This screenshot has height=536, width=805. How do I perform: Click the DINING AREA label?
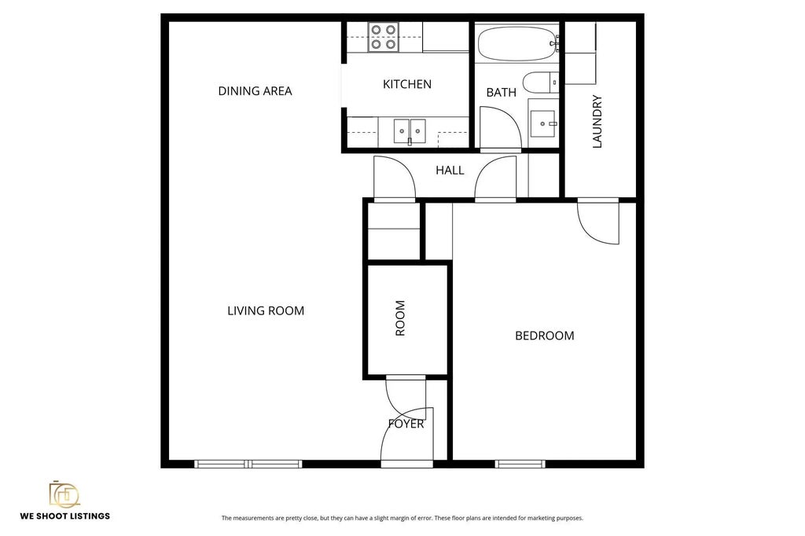point(255,91)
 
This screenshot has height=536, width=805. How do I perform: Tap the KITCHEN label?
point(406,84)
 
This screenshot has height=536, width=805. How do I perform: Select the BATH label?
point(501,92)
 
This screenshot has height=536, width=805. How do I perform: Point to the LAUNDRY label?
point(597,122)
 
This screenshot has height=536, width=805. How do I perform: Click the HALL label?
point(450,170)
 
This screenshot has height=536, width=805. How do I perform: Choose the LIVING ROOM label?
point(265,310)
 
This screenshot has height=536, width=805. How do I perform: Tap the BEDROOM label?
point(544,336)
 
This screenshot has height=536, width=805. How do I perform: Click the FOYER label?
point(406,424)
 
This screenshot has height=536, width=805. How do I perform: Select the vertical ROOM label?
point(400,318)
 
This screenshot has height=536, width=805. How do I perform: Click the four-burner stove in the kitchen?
point(384,37)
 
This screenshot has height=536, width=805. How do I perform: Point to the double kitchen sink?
point(409,129)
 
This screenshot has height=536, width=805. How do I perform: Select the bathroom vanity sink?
point(542,123)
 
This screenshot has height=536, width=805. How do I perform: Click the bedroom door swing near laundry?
point(597,223)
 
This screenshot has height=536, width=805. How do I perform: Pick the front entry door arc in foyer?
point(406,437)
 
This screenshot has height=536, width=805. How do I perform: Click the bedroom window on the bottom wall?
point(520,464)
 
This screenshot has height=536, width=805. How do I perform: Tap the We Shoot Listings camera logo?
point(64,494)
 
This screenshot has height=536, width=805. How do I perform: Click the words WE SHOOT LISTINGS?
point(64,516)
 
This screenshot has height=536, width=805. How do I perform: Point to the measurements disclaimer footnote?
point(402,518)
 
